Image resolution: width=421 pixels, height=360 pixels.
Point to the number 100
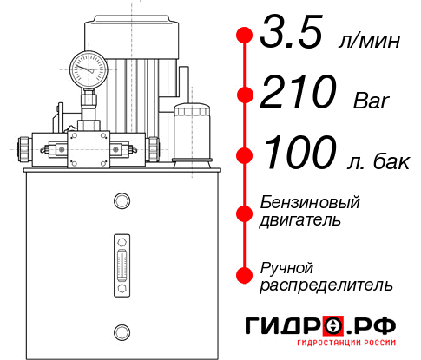[x=299, y=154]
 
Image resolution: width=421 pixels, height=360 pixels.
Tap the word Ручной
[x=287, y=266]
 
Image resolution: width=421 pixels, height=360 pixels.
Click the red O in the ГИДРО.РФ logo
[x=333, y=325]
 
